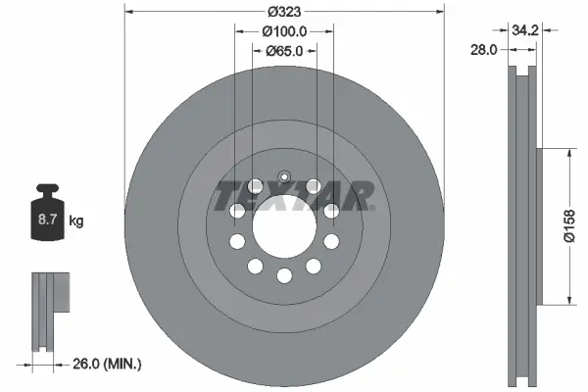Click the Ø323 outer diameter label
[x=284, y=12]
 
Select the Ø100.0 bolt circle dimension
[x=284, y=31]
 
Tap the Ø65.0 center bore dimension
[x=284, y=51]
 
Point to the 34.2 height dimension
[x=525, y=30]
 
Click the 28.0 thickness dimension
[x=484, y=49]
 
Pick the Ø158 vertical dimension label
[x=569, y=226]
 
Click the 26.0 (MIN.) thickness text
[x=107, y=364]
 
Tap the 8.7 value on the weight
[x=47, y=220]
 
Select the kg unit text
[x=76, y=220]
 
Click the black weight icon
[x=48, y=212]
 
